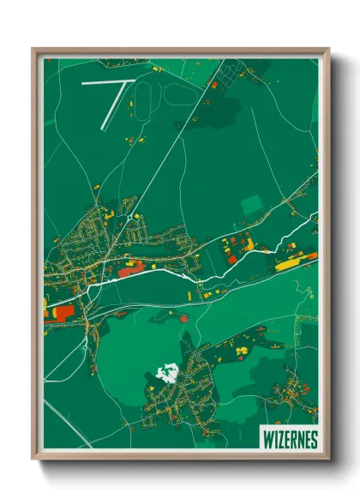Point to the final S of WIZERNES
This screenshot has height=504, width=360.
coord(313,440)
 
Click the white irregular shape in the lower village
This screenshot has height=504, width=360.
coord(170,372)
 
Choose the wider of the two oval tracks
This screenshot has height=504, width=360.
coord(181,95)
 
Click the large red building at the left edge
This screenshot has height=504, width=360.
coord(64,310)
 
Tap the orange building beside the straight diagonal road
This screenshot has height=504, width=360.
coord(213,85)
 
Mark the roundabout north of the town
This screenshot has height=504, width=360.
coord(130,219)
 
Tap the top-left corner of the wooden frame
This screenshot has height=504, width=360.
coord(34,50)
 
